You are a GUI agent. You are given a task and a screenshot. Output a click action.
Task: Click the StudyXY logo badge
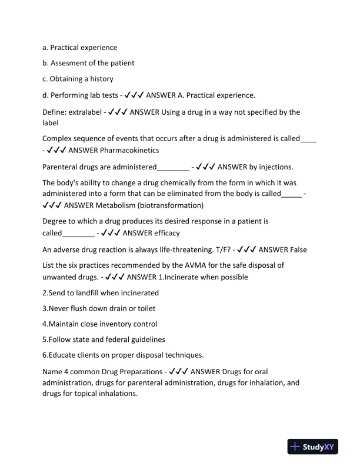point(315,447)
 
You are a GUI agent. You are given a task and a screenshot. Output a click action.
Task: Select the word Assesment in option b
point(74,63)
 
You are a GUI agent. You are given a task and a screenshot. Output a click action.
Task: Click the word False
point(296,249)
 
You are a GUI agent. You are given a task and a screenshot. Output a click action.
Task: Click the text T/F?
point(221,249)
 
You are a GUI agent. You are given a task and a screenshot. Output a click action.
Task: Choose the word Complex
point(58,139)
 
